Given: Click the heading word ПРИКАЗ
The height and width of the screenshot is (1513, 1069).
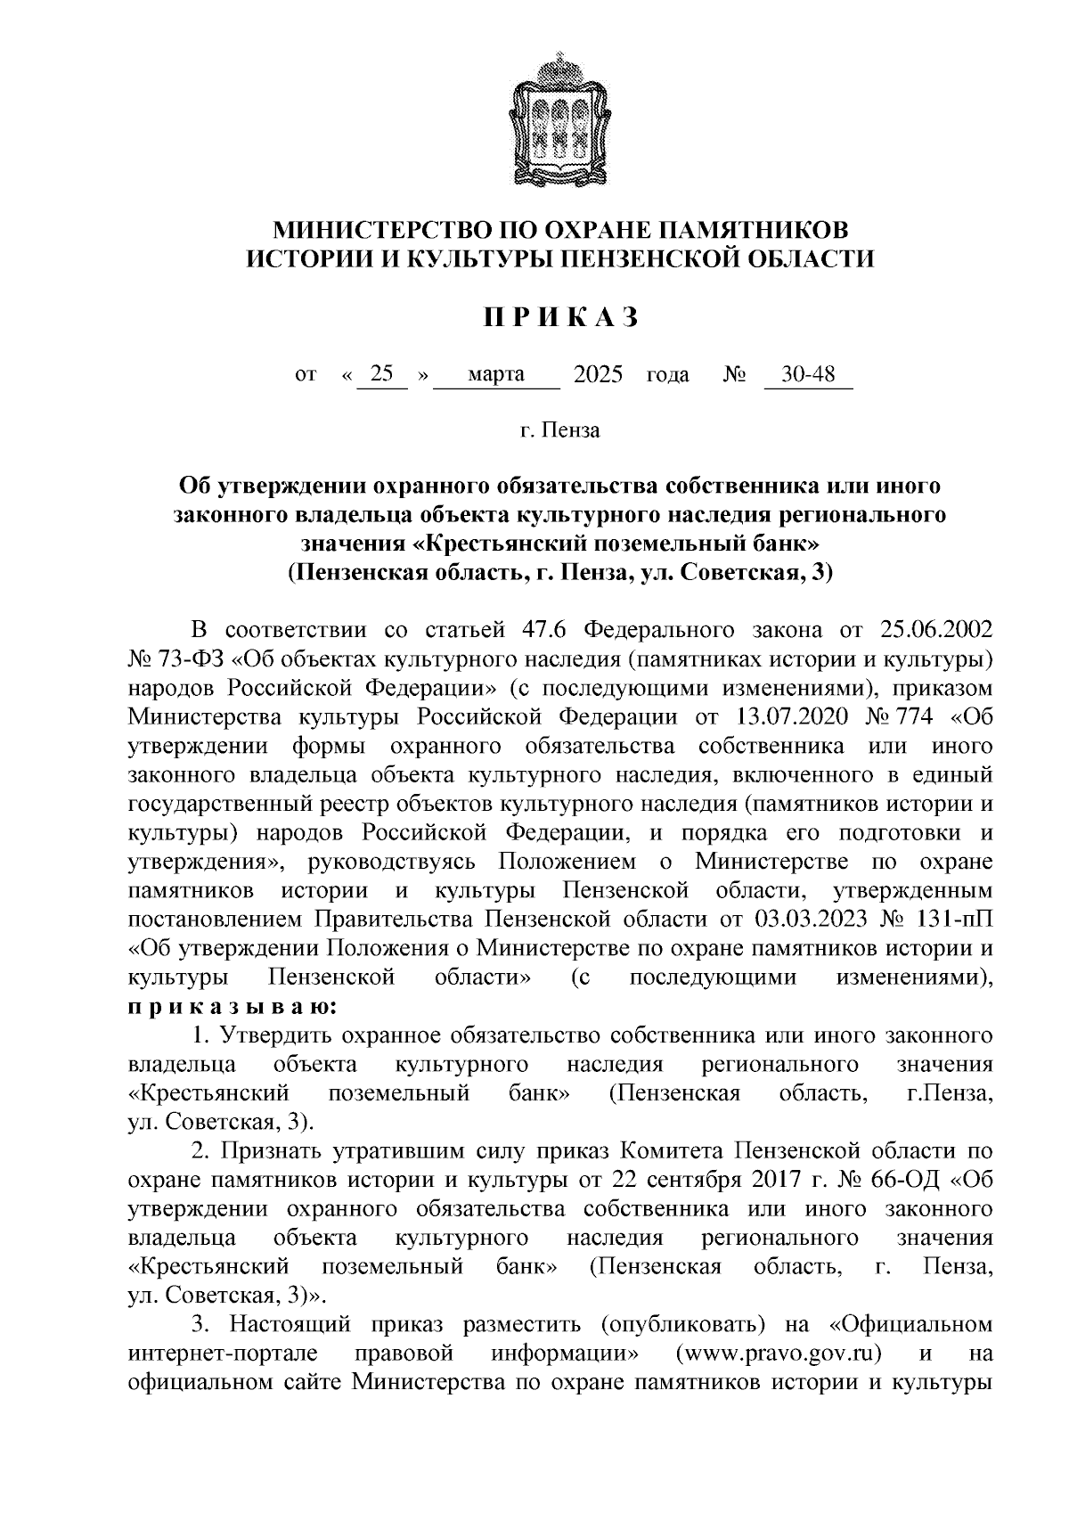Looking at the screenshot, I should point(560,317).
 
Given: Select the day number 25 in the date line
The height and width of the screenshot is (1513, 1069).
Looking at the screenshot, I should point(382,374).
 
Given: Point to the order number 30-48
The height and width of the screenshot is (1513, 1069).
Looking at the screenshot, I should point(807,374).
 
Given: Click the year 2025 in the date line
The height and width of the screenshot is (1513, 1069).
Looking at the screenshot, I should point(598,374).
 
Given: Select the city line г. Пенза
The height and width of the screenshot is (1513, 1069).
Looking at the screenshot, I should point(560,432).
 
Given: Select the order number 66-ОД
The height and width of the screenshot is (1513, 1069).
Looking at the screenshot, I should point(907,1181).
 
